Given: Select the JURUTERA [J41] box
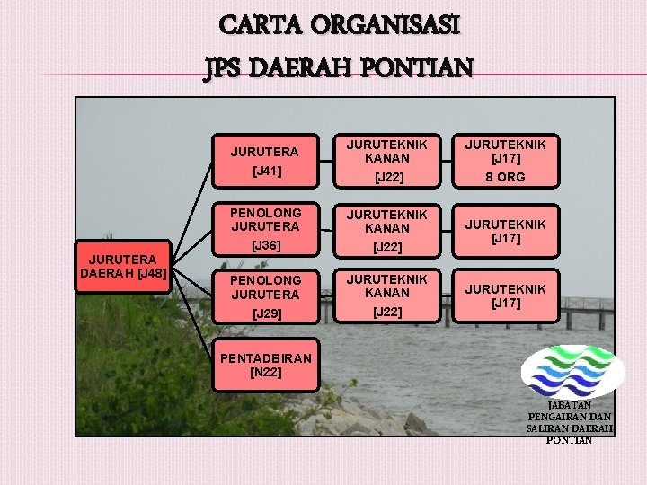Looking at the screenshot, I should point(265,160).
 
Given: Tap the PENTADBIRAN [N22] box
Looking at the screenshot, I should point(265,365).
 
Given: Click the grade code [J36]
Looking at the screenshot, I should point(266,245).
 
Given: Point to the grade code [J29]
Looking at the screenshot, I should point(266,313).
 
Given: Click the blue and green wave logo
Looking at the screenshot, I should point(573,371).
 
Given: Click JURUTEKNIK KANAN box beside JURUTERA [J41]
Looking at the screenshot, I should point(386,160).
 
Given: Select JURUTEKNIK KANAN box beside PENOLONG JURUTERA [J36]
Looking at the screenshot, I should point(386,228).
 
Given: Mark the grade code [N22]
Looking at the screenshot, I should point(265,373).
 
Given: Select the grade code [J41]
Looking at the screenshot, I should point(266,170).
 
